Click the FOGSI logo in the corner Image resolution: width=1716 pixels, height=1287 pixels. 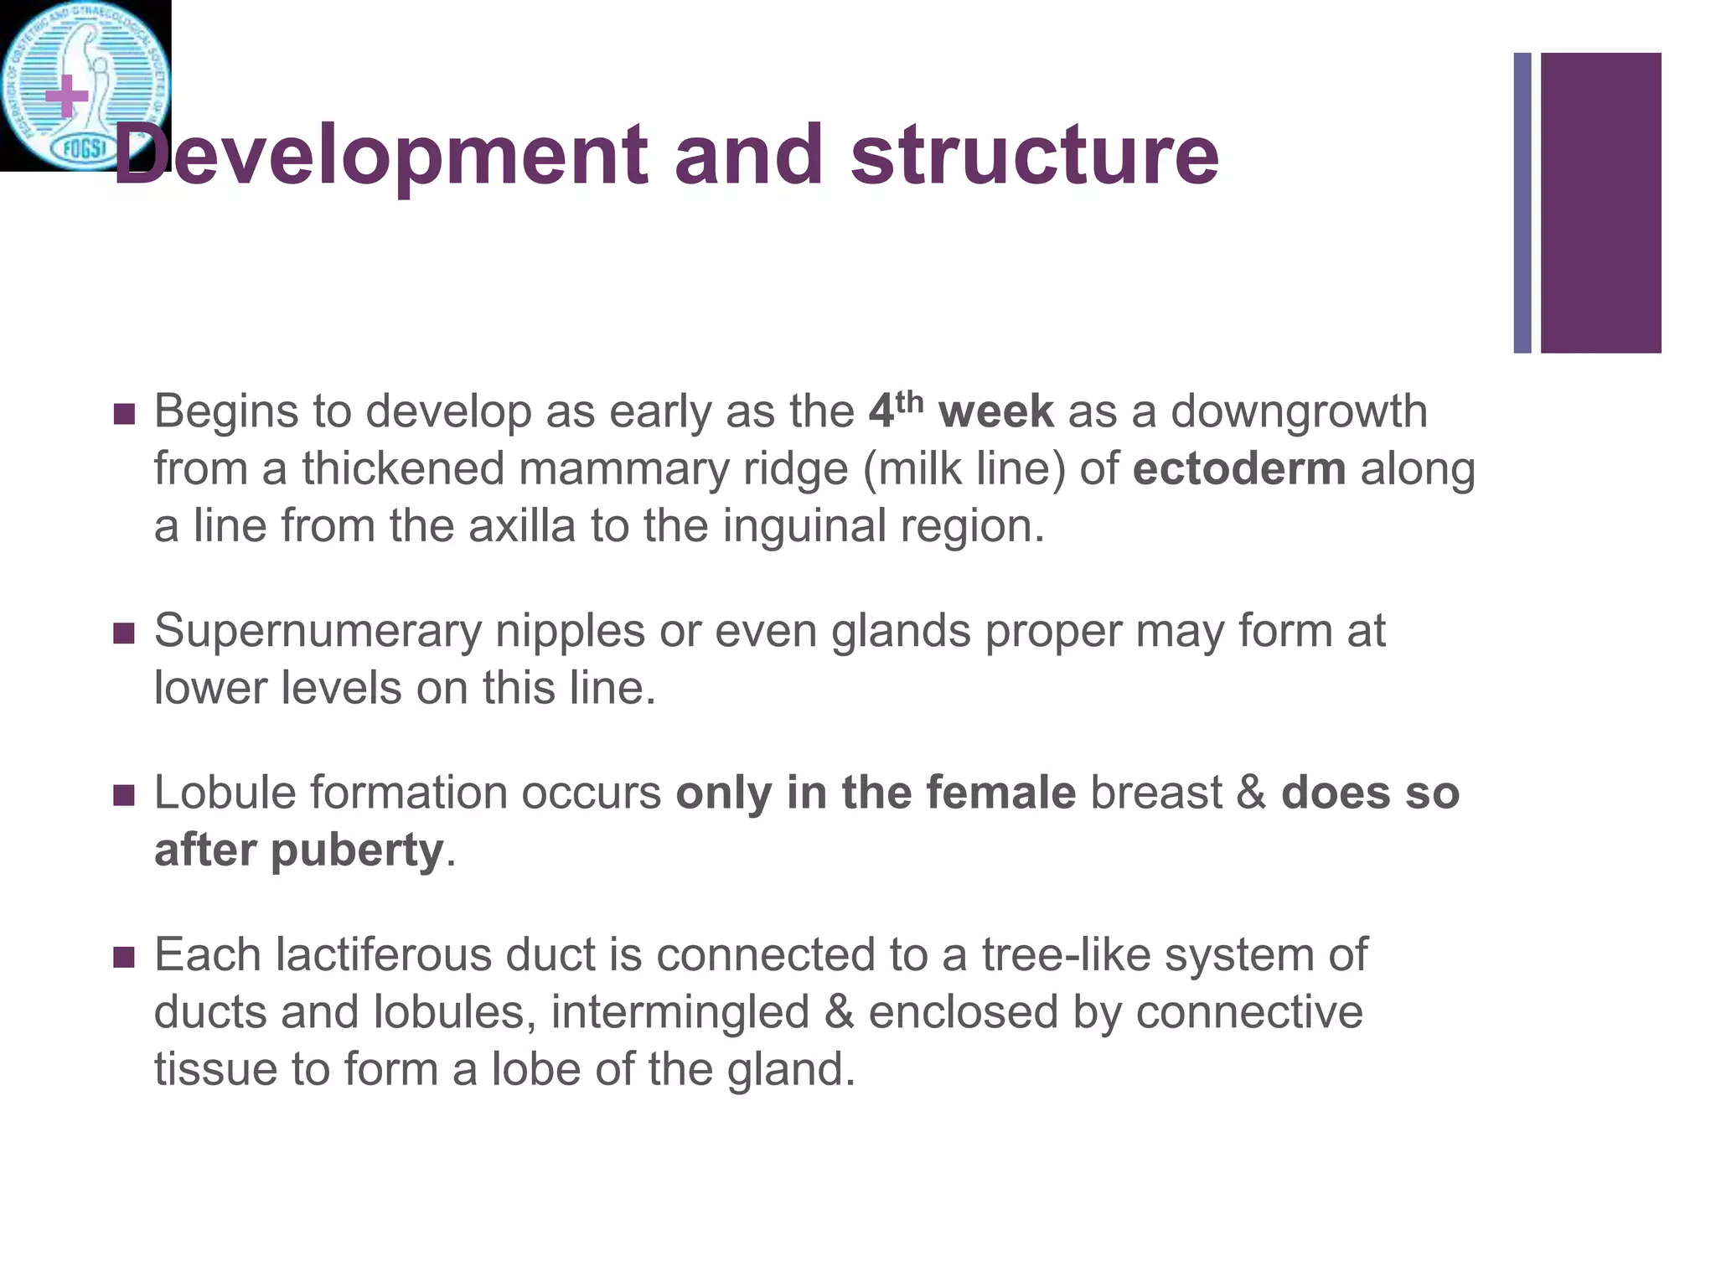(x=85, y=85)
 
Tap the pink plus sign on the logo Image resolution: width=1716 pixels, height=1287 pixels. (x=67, y=97)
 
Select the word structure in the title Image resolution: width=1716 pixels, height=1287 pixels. (x=1035, y=155)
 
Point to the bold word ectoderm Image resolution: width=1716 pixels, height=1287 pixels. (x=1239, y=468)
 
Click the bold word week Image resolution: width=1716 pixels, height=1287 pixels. (x=995, y=411)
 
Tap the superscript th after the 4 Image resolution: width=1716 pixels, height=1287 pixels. (x=909, y=402)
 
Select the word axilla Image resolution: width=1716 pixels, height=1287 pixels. (x=522, y=526)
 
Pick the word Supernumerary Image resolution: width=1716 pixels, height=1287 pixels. (x=318, y=632)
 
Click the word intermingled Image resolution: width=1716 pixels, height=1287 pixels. (x=680, y=1012)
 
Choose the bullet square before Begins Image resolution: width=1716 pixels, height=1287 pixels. (x=124, y=414)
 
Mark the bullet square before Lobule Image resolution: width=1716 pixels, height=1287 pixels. (x=124, y=794)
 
